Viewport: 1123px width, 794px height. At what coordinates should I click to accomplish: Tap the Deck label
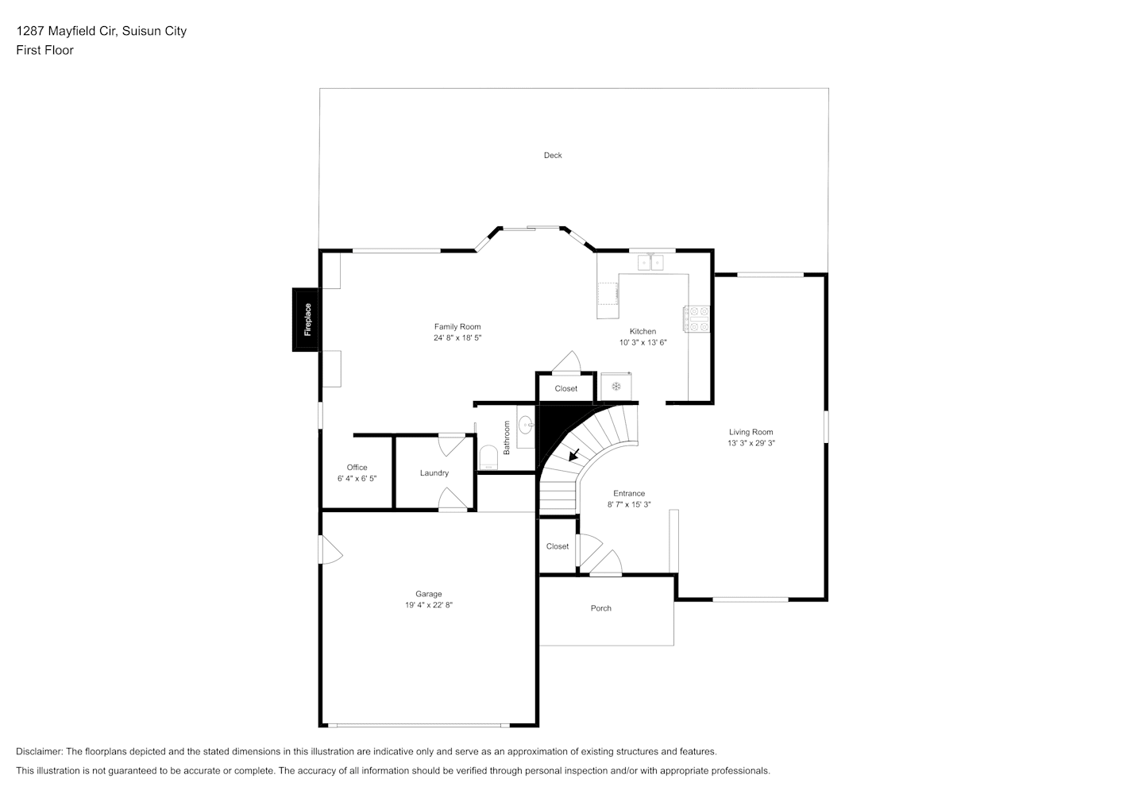click(553, 156)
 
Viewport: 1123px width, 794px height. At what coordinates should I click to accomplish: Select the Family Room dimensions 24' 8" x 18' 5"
click(457, 338)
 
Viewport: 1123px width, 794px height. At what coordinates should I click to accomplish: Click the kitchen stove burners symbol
click(697, 319)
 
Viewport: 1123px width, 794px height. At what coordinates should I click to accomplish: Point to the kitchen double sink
click(650, 262)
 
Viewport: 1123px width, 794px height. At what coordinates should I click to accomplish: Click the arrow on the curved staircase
click(574, 455)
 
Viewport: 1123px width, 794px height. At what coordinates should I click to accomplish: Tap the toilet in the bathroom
click(488, 458)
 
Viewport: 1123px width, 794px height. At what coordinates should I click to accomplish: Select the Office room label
click(357, 467)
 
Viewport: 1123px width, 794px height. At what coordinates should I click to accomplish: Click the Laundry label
click(434, 472)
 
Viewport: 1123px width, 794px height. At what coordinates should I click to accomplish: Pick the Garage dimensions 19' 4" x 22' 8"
click(429, 605)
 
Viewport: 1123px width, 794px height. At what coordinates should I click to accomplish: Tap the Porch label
click(600, 608)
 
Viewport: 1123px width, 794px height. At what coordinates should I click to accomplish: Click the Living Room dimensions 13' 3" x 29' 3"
click(751, 443)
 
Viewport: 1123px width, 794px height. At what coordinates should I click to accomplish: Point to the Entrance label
click(629, 493)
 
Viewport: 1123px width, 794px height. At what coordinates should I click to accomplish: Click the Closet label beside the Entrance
click(558, 546)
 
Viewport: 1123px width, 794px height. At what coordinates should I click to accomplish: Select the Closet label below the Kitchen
click(565, 388)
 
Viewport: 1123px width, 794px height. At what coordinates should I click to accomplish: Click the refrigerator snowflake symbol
click(616, 386)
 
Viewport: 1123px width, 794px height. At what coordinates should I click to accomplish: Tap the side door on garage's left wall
click(330, 550)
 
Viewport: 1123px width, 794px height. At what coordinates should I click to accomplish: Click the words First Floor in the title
click(44, 50)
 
